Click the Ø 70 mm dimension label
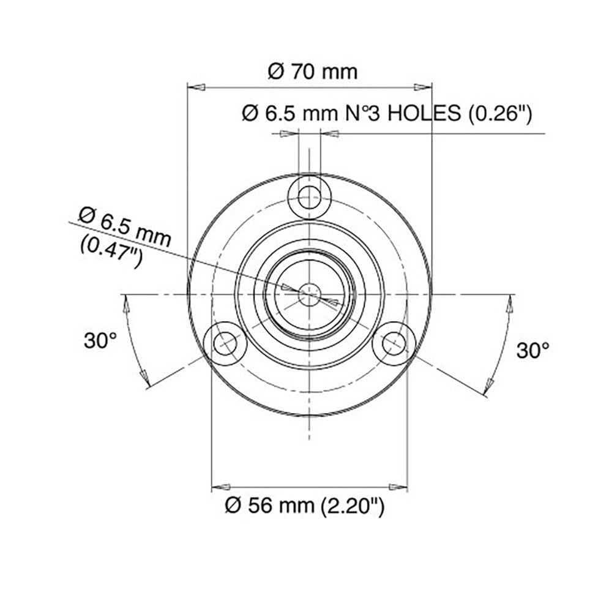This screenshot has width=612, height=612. pyautogui.click(x=313, y=72)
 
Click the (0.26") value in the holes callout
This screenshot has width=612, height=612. pyautogui.click(x=499, y=113)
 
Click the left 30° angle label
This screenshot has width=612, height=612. pyautogui.click(x=100, y=341)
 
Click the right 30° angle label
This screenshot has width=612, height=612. pyautogui.click(x=532, y=350)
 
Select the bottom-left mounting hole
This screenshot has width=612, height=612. pyautogui.click(x=225, y=343)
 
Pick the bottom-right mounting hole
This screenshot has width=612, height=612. pyautogui.click(x=394, y=343)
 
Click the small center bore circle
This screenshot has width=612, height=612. pyautogui.click(x=310, y=294)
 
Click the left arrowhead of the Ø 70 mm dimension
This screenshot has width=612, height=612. pyautogui.click(x=195, y=88)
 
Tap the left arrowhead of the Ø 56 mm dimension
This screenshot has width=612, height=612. pyautogui.click(x=220, y=488)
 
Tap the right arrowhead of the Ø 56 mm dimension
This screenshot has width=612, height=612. pyautogui.click(x=398, y=488)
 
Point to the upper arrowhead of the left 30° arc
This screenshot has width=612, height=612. pyautogui.click(x=127, y=304)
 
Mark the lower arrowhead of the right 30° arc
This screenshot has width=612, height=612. pyautogui.click(x=488, y=385)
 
